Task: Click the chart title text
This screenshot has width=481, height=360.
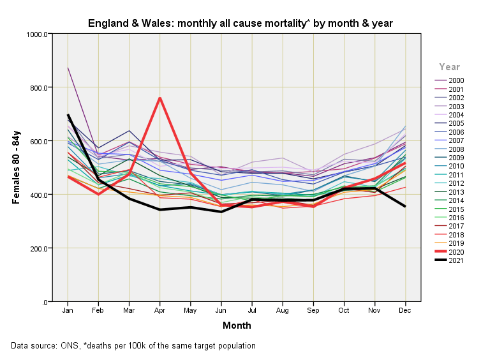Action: (x=240, y=23)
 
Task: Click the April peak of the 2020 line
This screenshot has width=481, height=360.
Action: (x=159, y=98)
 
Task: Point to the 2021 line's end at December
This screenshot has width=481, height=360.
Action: (x=404, y=206)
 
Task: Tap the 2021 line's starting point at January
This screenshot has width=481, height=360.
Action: (x=68, y=115)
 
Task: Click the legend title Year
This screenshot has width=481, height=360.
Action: (x=449, y=67)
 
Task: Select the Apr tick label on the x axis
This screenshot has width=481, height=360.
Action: (x=159, y=310)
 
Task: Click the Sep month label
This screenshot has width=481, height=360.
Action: (x=313, y=310)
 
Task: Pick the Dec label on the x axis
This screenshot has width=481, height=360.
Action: (x=404, y=310)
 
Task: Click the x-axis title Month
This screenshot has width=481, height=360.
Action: (x=237, y=326)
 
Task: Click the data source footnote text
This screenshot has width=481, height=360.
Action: (x=133, y=346)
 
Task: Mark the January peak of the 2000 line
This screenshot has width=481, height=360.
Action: (x=68, y=68)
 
